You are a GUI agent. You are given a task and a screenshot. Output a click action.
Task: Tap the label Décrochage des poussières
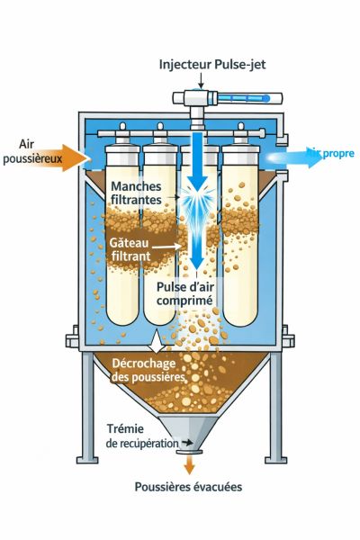(x=148, y=370)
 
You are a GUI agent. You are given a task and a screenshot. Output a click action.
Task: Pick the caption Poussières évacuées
(x=188, y=487)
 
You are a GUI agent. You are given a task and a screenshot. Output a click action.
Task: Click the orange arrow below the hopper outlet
(x=190, y=464)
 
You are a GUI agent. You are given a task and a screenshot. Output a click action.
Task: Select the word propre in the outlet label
(x=339, y=154)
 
